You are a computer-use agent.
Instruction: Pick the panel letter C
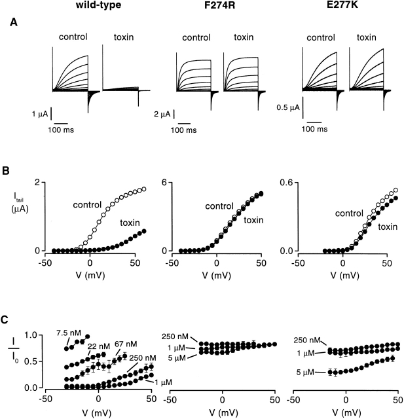click(x=5, y=319)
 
